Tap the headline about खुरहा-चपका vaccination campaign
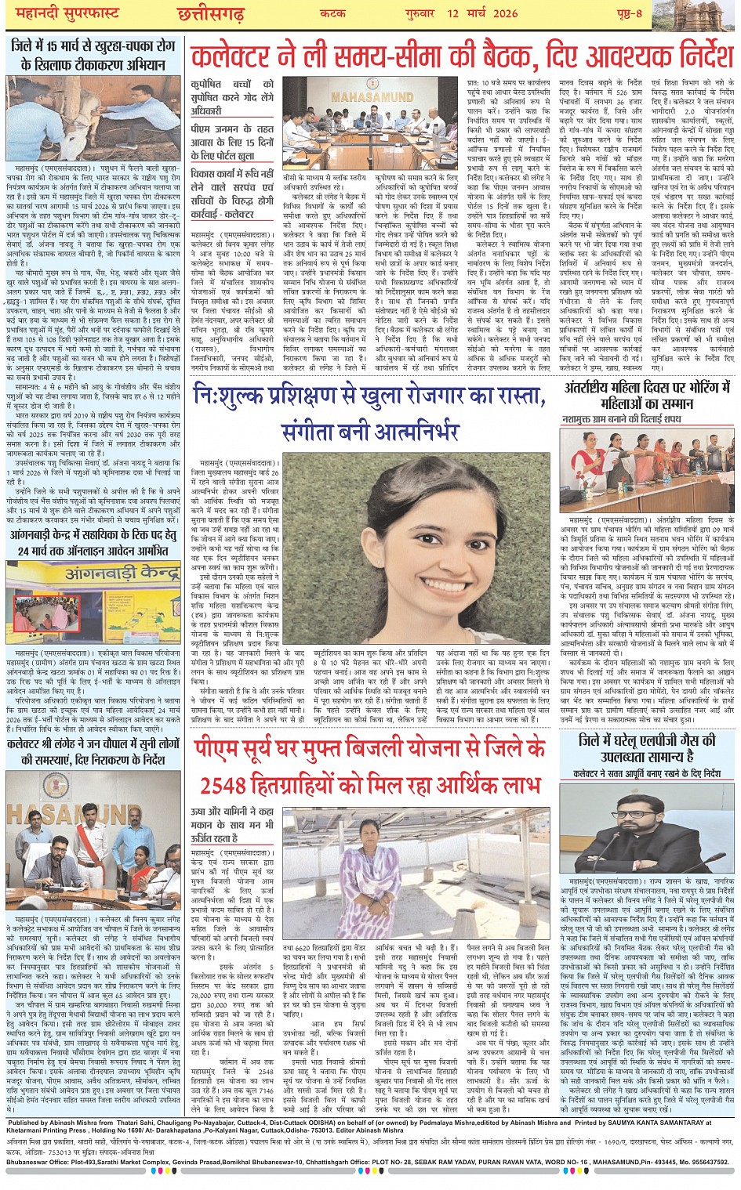(93, 55)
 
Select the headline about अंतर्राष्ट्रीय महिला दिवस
(648, 396)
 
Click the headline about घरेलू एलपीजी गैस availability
(647, 748)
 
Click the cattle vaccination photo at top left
(93, 118)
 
